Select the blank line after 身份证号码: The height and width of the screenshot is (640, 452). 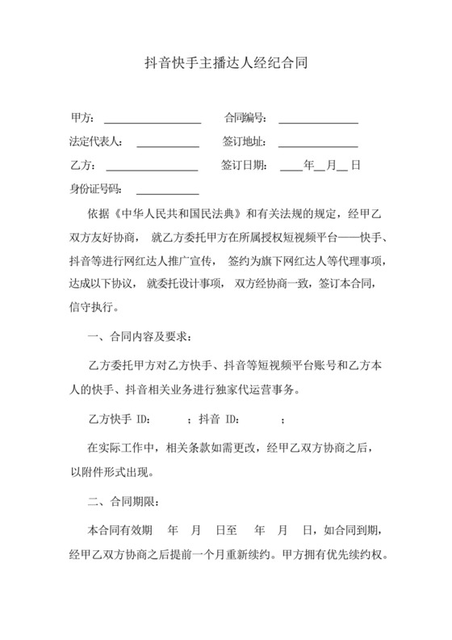pos(167,192)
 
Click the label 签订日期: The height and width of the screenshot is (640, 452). pos(244,166)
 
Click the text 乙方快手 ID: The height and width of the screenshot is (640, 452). pos(120,419)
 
